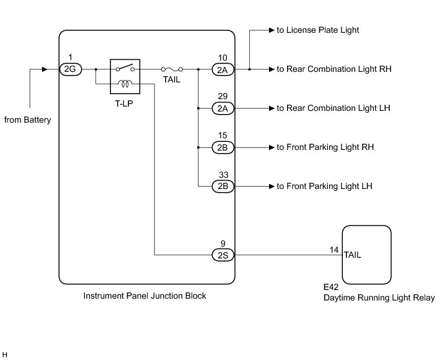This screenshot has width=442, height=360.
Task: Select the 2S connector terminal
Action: tap(222, 254)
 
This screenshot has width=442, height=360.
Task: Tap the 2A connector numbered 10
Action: tap(222, 69)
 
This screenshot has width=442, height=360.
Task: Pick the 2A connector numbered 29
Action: tap(222, 108)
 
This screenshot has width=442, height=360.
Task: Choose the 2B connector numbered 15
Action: tap(222, 147)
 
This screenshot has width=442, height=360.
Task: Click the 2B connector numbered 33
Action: tap(222, 186)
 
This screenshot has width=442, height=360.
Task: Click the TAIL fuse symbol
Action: tap(172, 69)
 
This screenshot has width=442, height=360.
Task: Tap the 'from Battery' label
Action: tap(27, 120)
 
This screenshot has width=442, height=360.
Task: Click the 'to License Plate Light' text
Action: tap(318, 30)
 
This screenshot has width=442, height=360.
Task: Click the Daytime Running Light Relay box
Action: tap(366, 254)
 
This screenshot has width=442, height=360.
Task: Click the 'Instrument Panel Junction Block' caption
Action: tap(144, 296)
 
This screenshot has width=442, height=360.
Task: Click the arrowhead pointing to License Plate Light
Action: tap(272, 30)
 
